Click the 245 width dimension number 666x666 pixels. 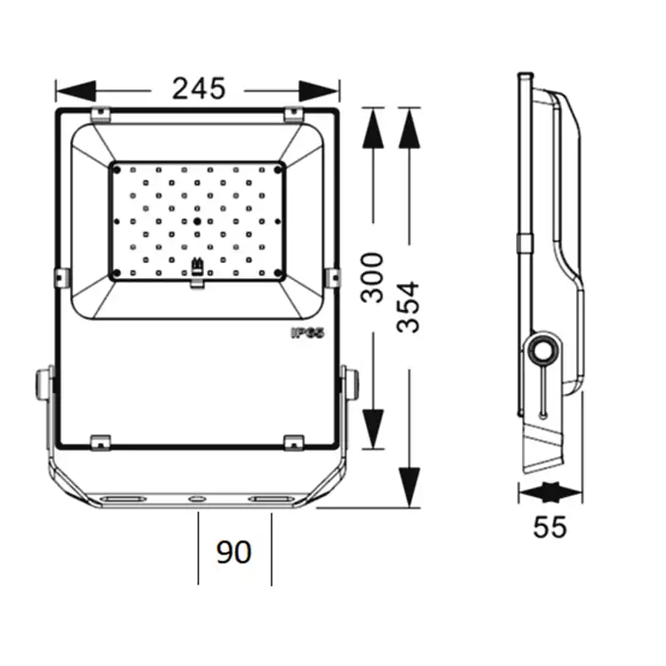pyautogui.click(x=198, y=89)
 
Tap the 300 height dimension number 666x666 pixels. pyautogui.click(x=372, y=277)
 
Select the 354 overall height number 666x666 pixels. pyautogui.click(x=408, y=306)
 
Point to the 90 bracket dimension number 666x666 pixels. pyautogui.click(x=234, y=552)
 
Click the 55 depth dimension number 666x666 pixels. pyautogui.click(x=549, y=527)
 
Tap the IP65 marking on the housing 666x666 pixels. pyautogui.click(x=307, y=333)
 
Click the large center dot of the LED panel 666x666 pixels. pyautogui.click(x=197, y=221)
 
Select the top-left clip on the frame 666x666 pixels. pyautogui.click(x=101, y=114)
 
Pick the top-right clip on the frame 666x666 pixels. pyautogui.click(x=293, y=114)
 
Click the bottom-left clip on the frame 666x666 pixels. pyautogui.click(x=101, y=443)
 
